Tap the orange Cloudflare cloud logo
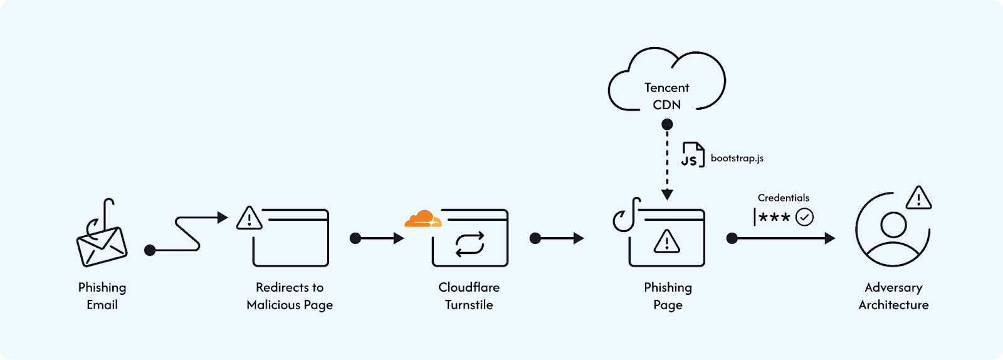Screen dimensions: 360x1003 coord(423,219)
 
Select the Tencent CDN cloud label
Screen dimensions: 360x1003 coord(666,96)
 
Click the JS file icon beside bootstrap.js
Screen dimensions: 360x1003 coord(693,155)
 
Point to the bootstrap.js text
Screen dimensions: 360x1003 coord(737,158)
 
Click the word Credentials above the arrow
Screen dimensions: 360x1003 coord(783,198)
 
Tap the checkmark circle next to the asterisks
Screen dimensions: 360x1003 coord(804,217)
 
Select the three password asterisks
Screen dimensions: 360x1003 coord(774,217)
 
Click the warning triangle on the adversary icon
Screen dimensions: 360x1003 coord(918,198)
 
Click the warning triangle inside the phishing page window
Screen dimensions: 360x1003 coord(666,241)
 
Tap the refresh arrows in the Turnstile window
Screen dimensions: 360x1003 coord(470,244)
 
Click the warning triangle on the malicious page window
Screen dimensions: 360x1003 coord(249,219)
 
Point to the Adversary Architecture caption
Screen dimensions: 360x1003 coord(893,296)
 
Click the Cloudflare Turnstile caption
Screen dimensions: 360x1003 coord(469,296)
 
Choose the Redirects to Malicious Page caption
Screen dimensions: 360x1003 coord(290,296)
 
